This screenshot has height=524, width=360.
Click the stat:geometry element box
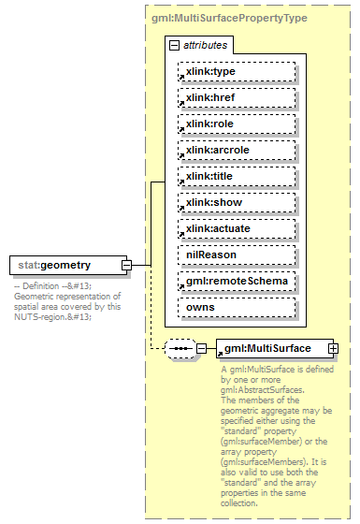(65, 266)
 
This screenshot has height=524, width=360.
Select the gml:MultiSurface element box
(270, 349)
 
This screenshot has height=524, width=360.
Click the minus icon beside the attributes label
(174, 45)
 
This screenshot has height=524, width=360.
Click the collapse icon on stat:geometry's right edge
(125, 266)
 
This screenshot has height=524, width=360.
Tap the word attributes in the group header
(205, 45)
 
